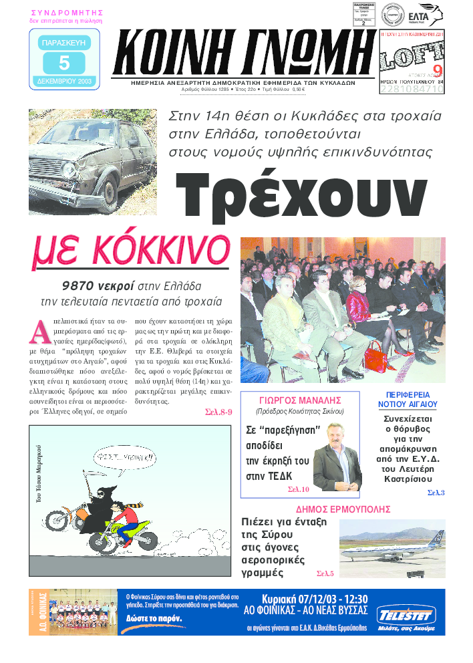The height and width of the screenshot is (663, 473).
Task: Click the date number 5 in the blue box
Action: [64, 63]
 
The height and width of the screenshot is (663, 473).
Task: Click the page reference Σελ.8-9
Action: [218, 412]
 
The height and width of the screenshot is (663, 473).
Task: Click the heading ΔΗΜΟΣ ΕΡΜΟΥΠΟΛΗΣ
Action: [343, 509]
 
